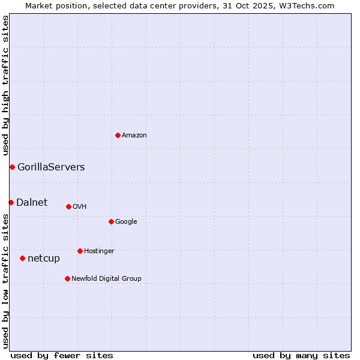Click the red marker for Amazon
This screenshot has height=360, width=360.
(x=118, y=135)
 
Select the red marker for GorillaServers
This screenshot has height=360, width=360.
(x=12, y=167)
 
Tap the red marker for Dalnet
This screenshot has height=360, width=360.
(x=11, y=202)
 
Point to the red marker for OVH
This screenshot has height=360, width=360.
(x=68, y=206)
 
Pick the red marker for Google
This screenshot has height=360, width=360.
(x=111, y=221)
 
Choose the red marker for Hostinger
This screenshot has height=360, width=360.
(x=80, y=251)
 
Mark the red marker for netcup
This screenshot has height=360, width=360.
(x=22, y=258)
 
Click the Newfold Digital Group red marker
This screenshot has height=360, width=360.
(x=67, y=278)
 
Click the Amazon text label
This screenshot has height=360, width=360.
(x=134, y=136)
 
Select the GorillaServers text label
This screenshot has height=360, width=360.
(x=51, y=167)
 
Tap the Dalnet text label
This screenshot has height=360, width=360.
(x=32, y=202)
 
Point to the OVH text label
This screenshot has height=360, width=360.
(x=80, y=207)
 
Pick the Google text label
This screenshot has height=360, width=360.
(x=126, y=222)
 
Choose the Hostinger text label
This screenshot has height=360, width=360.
(x=99, y=251)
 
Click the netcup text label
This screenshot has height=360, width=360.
(x=44, y=259)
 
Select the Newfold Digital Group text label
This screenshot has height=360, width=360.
(x=106, y=279)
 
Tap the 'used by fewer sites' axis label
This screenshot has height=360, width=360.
(x=62, y=355)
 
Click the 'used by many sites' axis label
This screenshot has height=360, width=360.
(x=301, y=355)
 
